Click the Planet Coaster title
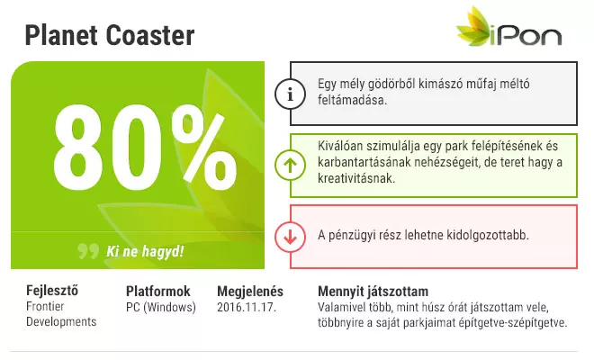coord(110,35)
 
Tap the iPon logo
coord(508,26)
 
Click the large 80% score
coord(146,148)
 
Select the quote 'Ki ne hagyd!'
coord(145,251)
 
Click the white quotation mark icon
coord(88,251)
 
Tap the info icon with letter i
coord(290,94)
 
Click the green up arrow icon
coord(290,166)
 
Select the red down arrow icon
coord(290,237)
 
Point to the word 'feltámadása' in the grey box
coord(352,100)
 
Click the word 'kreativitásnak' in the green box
coord(356,178)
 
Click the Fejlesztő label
coord(52,291)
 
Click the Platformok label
coord(158,291)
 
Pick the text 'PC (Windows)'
coord(161,307)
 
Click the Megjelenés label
coord(250,292)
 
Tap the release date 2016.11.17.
coord(247,307)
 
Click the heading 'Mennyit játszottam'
coord(373,292)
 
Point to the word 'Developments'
coord(61,321)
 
